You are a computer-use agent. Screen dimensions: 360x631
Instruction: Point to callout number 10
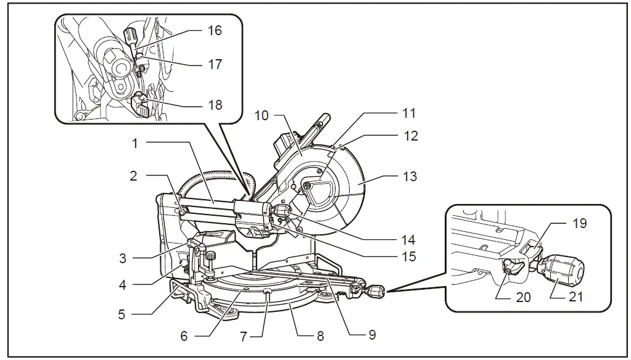click(262, 115)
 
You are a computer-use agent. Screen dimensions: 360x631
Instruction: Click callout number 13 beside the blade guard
click(410, 176)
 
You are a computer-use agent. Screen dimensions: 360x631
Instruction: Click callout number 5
click(122, 314)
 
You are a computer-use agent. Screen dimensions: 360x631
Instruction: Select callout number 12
click(410, 136)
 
